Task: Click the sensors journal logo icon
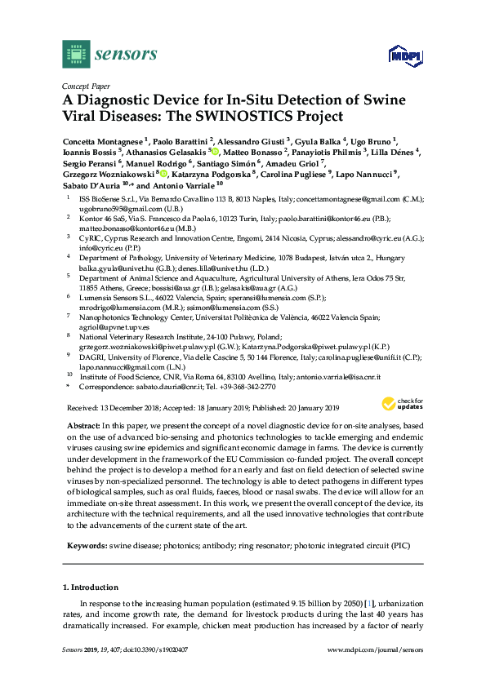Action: click(x=75, y=54)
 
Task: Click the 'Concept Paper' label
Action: click(x=86, y=84)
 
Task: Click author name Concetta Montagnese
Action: click(x=103, y=140)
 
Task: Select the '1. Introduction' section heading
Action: click(x=95, y=587)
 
